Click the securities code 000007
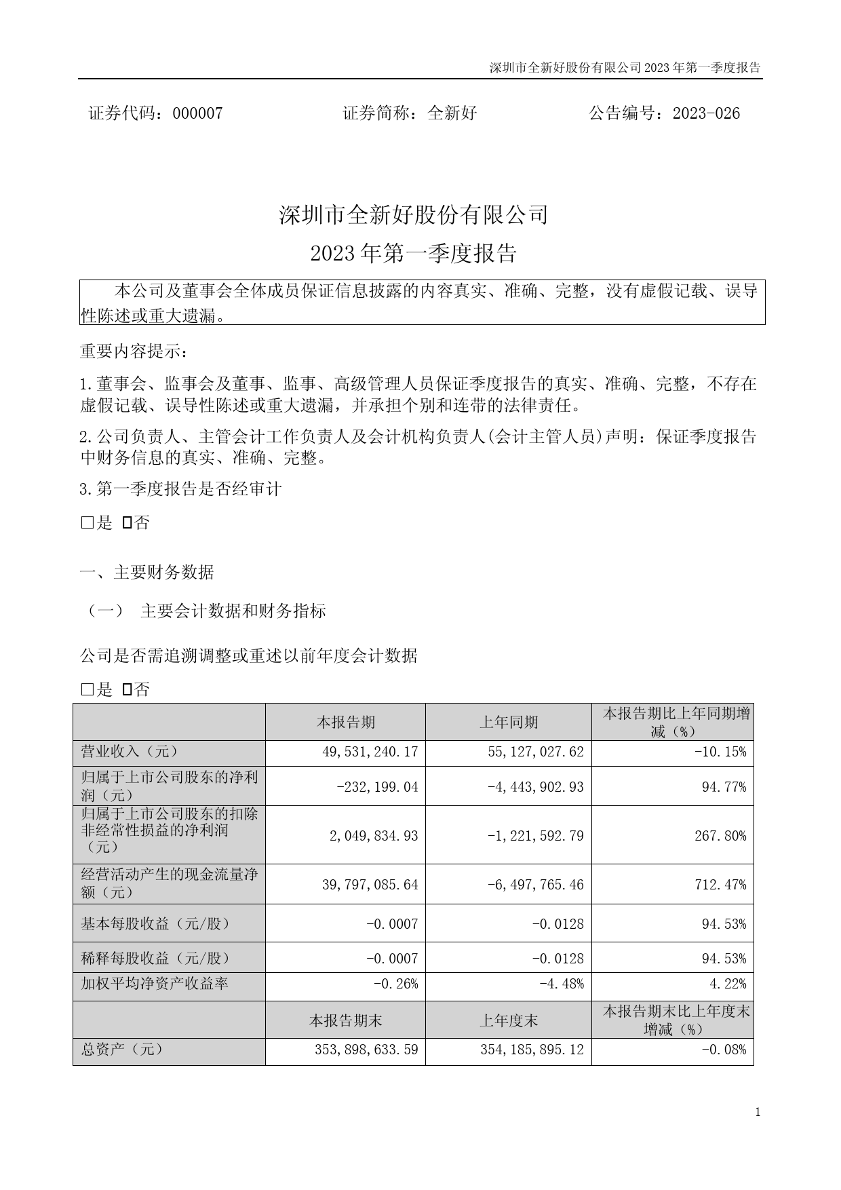197,113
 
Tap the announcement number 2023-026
706,113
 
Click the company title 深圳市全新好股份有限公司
413,215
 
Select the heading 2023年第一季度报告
413,253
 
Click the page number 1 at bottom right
758,1112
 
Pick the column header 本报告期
345,722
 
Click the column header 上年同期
509,722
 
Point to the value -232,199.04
377,787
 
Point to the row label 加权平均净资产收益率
155,984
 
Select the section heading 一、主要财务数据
147,573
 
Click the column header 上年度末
509,1020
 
